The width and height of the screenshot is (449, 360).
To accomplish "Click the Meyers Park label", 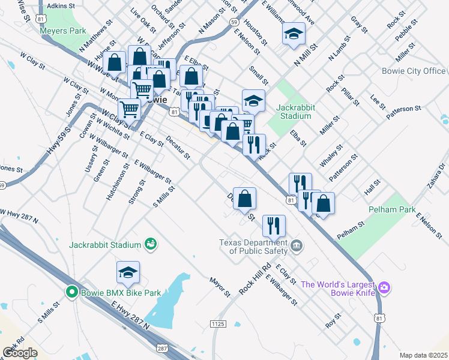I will click(63, 31).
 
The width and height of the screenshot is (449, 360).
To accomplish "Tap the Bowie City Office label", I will click(414, 71).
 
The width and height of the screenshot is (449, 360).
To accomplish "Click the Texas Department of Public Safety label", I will click(253, 247).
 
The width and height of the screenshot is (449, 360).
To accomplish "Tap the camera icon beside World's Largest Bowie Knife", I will click(384, 289).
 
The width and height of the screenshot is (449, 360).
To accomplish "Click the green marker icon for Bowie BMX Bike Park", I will click(72, 292).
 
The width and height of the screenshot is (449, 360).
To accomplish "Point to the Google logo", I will click(20, 353).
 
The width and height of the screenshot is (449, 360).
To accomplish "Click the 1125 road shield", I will click(217, 324).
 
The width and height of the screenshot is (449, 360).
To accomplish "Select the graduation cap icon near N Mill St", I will click(294, 35).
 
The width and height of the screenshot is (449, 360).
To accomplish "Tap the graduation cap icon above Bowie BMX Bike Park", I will click(128, 273).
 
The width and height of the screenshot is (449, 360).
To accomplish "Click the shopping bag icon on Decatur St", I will click(244, 199).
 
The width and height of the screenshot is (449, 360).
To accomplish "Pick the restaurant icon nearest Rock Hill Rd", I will click(274, 226).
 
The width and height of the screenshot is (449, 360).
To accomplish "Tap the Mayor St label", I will click(220, 287).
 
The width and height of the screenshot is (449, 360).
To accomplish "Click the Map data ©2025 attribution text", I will click(423, 355).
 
